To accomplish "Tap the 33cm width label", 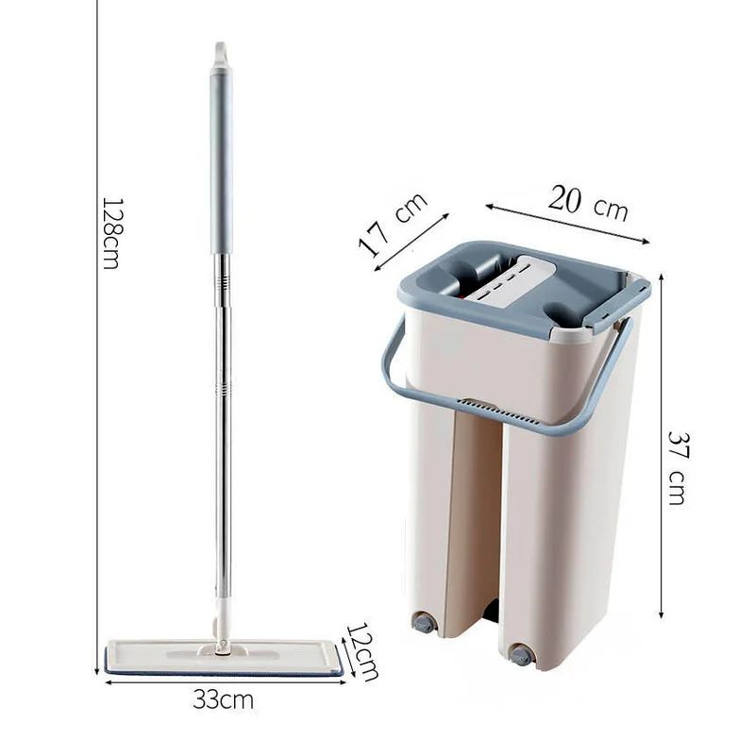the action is coord(224,699).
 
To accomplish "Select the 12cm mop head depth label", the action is coord(363,651).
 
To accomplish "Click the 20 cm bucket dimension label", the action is coord(588,204).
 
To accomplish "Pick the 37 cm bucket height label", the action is coord(678,468).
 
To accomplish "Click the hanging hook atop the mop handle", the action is coord(221,54).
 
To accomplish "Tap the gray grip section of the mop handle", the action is coord(221,160).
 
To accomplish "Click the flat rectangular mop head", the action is coord(225,658).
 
